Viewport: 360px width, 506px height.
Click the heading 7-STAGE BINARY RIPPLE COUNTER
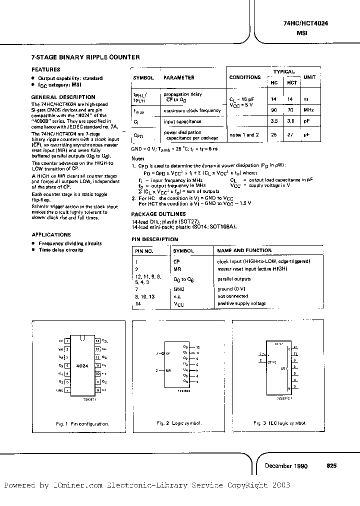(85, 57)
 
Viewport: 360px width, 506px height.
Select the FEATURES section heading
(46, 69)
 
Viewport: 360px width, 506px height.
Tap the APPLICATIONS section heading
(51, 234)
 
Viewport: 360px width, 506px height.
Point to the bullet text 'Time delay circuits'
(61, 249)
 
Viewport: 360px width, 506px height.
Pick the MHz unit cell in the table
(309, 109)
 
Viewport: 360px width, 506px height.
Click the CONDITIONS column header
(245, 77)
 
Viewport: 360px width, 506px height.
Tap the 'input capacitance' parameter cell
(182, 121)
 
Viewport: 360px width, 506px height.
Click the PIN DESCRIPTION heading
(154, 239)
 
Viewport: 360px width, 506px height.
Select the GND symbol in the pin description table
(178, 289)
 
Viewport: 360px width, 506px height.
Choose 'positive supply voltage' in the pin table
(240, 303)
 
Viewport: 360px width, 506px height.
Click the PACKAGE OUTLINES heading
(157, 214)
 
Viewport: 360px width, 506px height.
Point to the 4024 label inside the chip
(82, 366)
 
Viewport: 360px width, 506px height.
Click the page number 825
(331, 465)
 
